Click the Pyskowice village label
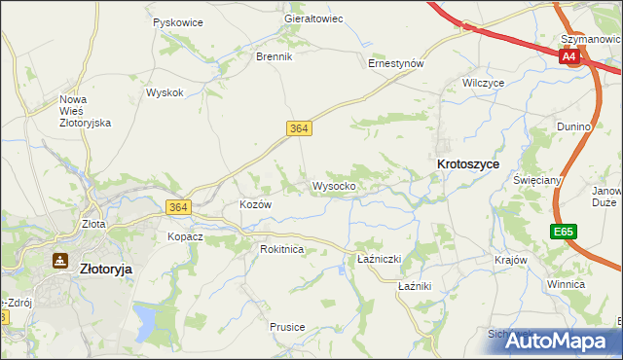pos(176,20)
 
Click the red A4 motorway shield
pos(569,57)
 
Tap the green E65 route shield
pos(562,232)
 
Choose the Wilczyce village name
pos(484,84)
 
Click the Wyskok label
pos(165,92)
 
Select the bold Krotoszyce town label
pos(468,164)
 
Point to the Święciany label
pos(537,181)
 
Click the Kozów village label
pos(255,205)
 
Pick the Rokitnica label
pos(282,249)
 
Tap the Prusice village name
pos(288,327)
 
